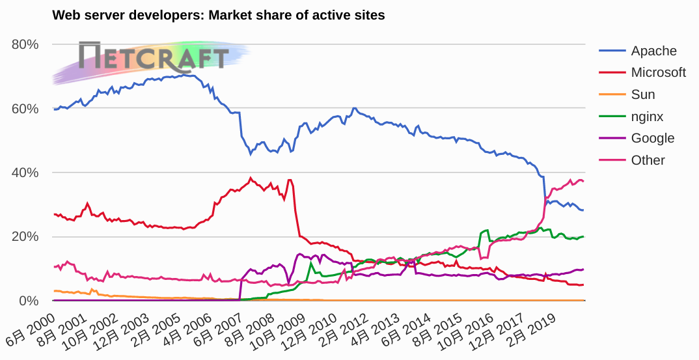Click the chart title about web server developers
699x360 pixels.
point(218,15)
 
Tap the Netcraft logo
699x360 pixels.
point(154,57)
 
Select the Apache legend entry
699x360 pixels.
point(653,51)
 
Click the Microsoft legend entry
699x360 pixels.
point(658,72)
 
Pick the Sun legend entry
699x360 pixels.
point(642,94)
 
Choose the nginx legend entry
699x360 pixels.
point(647,117)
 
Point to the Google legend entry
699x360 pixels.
point(652,138)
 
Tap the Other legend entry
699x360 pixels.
point(648,160)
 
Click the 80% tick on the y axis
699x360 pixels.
point(25,44)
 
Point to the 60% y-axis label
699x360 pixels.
point(25,109)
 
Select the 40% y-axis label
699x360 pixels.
point(25,173)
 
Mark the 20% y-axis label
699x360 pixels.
point(25,237)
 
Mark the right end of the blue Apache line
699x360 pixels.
point(583,210)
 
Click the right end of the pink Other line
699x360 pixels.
point(583,181)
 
